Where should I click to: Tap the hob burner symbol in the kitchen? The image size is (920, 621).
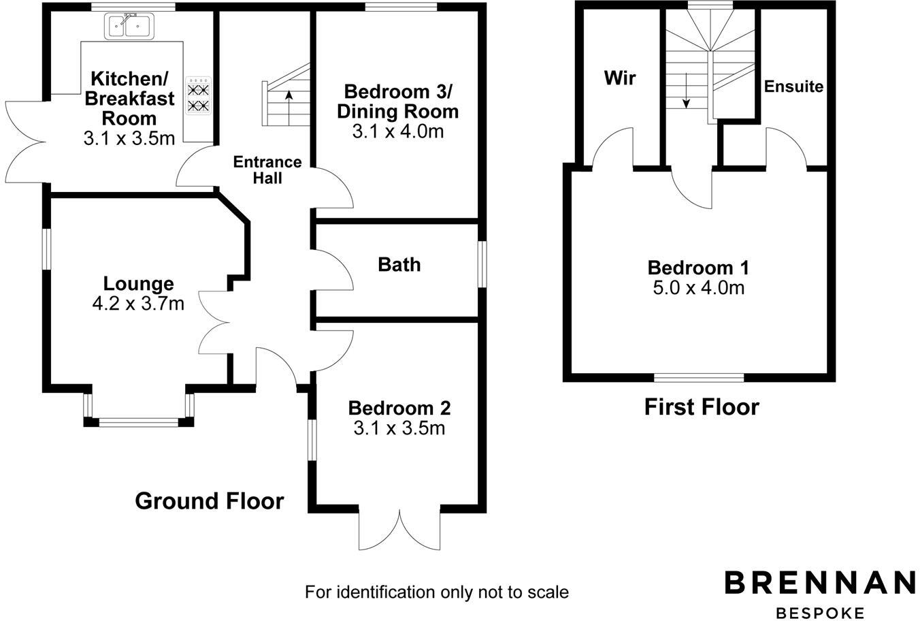point(199,96)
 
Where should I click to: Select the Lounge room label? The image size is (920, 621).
point(138,283)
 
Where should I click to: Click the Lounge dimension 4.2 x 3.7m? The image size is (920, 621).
point(138,303)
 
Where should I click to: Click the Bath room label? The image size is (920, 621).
point(399,264)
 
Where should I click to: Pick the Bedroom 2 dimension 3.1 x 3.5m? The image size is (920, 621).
point(399,428)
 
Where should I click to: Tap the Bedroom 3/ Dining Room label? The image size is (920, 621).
point(398,101)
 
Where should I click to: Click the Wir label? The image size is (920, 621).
point(620,78)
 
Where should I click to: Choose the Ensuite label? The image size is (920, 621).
point(793,86)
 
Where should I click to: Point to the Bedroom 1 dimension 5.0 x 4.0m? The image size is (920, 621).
point(699,288)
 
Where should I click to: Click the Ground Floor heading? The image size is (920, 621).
point(209,501)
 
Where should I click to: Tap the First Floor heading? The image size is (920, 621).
point(702,407)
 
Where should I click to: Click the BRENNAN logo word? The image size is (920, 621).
point(820,583)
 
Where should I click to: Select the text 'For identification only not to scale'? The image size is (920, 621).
point(436,592)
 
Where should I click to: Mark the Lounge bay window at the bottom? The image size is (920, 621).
point(139,422)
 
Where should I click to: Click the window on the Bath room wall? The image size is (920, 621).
point(482,264)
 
